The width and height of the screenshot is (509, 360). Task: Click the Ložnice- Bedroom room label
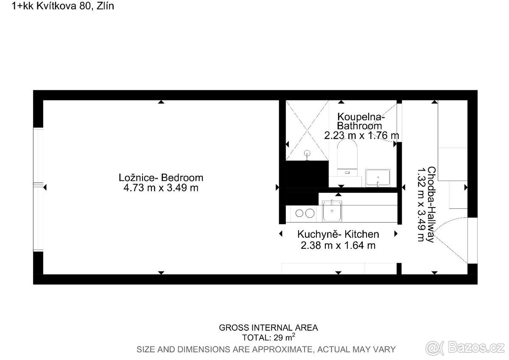161,177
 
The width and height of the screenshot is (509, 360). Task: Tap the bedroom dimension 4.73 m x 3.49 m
161,188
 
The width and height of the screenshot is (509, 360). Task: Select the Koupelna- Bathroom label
361,121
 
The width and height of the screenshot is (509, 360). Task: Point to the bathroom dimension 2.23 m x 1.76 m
361,135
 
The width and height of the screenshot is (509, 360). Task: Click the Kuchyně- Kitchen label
338,234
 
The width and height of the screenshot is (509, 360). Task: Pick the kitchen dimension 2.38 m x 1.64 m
338,245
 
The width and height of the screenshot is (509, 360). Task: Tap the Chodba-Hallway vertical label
431,205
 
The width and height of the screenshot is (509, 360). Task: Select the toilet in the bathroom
347,157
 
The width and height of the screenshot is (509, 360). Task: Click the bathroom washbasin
378,178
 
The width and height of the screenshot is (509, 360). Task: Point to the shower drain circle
307,152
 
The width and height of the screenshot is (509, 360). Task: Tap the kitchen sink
332,211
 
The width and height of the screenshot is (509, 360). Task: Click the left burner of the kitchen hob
299,213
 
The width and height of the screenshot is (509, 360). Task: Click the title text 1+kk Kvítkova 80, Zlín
63,6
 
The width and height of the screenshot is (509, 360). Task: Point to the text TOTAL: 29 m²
268,337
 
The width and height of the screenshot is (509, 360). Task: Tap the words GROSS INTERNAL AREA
268,328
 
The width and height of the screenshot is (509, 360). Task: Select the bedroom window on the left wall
38,189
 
